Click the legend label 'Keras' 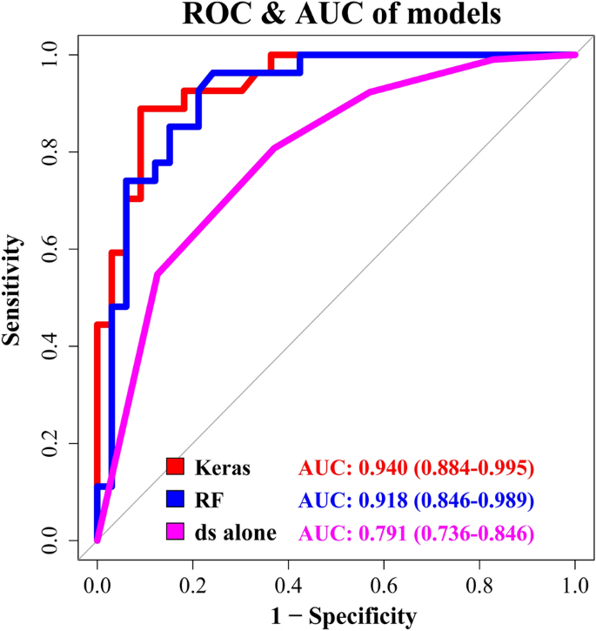224,468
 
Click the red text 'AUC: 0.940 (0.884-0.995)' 415,468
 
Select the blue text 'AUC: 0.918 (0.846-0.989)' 415,500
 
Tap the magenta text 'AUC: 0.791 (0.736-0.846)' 415,531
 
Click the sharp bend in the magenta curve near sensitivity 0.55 157,274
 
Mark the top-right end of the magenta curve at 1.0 574,55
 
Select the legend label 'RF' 210,500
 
